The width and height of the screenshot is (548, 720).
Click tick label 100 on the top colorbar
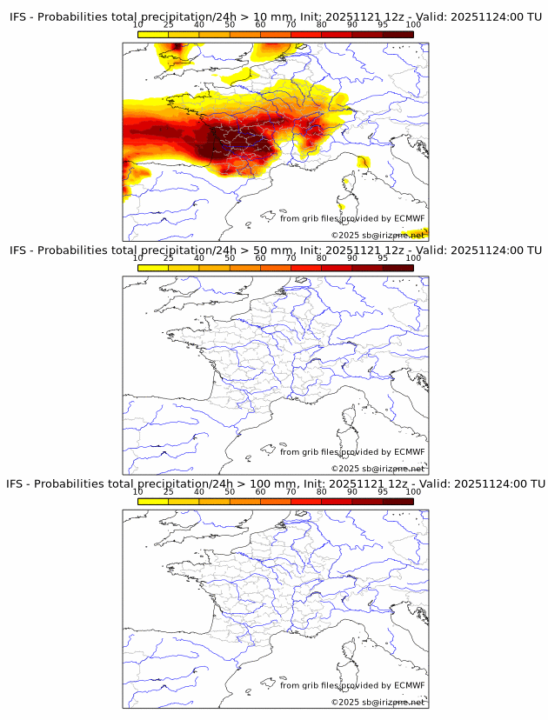pyautogui.click(x=413, y=24)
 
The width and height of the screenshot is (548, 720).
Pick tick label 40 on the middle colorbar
pyautogui.click(x=199, y=258)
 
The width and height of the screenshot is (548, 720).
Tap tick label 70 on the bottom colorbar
pyautogui.click(x=291, y=491)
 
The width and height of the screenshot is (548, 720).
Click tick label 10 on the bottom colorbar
pyautogui.click(x=138, y=491)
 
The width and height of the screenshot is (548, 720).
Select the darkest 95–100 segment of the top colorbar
pyautogui.click(x=398, y=34)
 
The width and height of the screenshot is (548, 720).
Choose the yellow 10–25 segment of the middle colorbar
pyautogui.click(x=153, y=268)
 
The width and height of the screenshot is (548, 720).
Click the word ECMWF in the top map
pyautogui.click(x=409, y=218)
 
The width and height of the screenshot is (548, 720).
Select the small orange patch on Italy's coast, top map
pyautogui.click(x=363, y=163)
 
